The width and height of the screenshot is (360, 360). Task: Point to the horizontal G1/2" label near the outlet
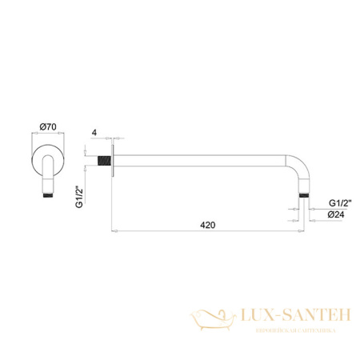pos(338,204)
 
